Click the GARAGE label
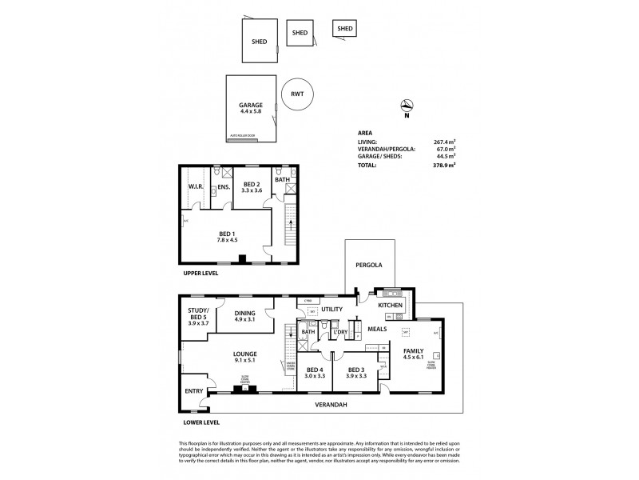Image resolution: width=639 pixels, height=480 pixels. (251, 106)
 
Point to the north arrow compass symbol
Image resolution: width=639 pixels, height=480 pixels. (407, 105)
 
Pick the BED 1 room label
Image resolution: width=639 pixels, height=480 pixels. (229, 234)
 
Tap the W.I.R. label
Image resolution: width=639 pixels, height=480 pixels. (196, 187)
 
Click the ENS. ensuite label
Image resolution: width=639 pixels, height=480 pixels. (224, 187)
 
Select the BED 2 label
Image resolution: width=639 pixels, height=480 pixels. (253, 183)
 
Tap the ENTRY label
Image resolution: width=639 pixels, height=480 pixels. (193, 390)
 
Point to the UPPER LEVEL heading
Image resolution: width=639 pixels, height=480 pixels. (200, 272)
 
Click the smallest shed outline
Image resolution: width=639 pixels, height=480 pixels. (345, 29)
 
